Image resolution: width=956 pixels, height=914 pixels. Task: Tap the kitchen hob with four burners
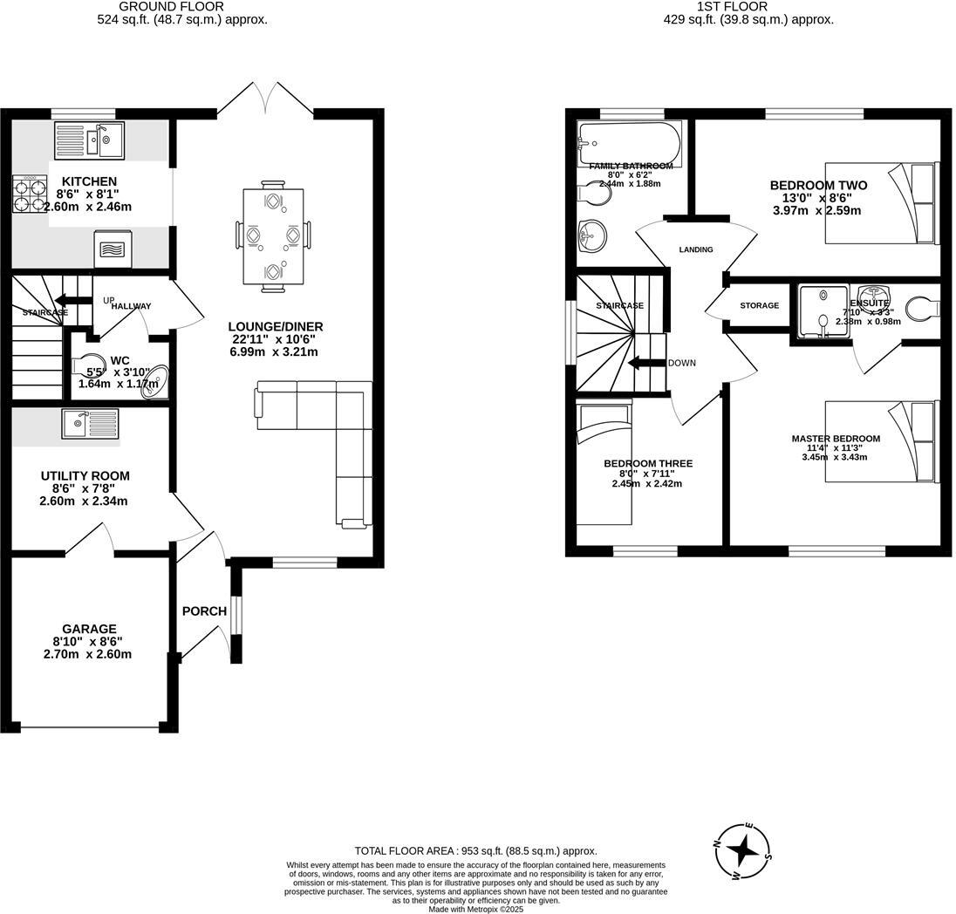[29, 194]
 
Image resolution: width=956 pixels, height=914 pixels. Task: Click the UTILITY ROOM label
[85, 476]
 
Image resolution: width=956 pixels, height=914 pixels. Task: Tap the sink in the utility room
[90, 425]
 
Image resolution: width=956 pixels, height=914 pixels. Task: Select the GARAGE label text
[89, 629]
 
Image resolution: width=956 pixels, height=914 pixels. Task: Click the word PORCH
[204, 611]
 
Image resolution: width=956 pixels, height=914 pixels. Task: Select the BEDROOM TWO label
[818, 186]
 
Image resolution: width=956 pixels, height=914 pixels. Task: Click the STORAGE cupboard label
[759, 306]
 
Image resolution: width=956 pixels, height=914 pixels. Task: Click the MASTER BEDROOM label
[836, 439]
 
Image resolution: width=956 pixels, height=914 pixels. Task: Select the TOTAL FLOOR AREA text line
[475, 851]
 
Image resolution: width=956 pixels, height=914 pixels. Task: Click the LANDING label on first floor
[696, 249]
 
